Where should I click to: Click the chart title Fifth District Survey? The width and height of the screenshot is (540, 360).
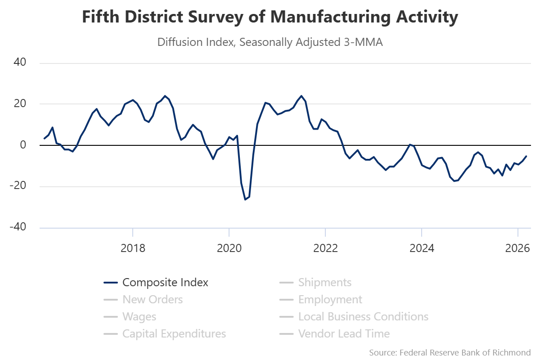pos(270,17)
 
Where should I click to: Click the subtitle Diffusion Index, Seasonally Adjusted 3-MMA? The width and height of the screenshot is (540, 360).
pos(270,42)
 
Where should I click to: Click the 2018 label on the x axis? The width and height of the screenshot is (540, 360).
pos(133,248)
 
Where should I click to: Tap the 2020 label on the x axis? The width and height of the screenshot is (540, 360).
pos(229,248)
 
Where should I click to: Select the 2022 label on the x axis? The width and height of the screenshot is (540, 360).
pos(325,248)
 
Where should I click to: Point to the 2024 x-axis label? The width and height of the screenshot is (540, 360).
pos(421,248)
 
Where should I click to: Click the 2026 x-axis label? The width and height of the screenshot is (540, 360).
pos(517,248)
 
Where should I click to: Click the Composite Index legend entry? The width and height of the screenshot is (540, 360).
pos(165,283)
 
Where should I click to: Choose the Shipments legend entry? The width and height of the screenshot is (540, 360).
pos(324,283)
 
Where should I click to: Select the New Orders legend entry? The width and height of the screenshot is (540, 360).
pos(152,300)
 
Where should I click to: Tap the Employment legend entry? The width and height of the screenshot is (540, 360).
pos(330,300)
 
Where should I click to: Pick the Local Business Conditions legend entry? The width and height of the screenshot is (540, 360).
pos(363,317)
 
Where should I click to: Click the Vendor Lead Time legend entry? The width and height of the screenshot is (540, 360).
pos(344,334)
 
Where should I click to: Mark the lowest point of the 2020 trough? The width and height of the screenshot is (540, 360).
pos(245,199)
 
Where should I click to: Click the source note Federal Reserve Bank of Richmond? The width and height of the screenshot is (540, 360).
pos(450,352)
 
